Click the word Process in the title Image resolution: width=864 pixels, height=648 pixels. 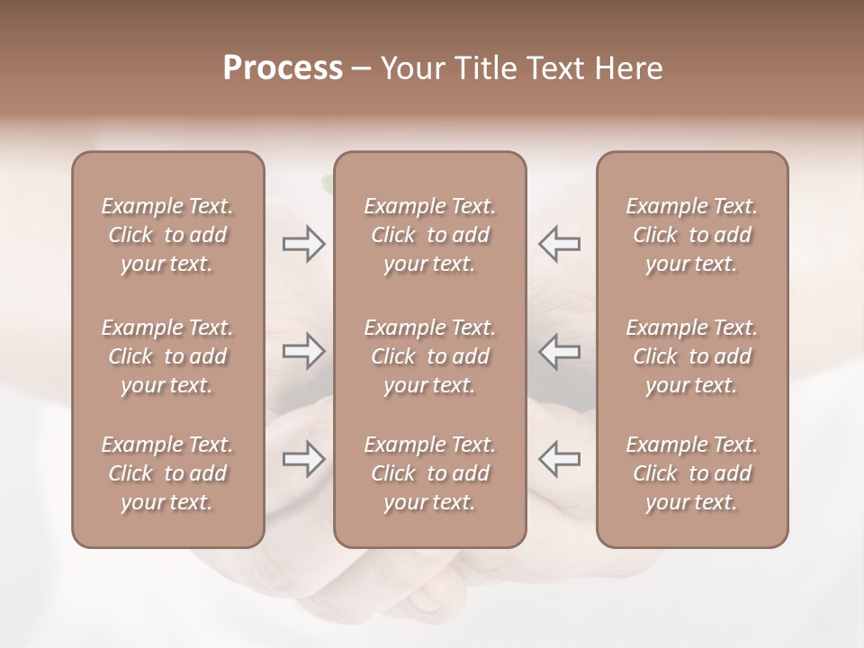pos(283,68)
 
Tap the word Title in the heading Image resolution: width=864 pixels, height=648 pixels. pos(481,68)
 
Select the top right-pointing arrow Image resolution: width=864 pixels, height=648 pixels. pos(303,244)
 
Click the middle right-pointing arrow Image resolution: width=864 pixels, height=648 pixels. pos(303,351)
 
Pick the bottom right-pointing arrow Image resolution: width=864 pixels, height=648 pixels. pos(303,459)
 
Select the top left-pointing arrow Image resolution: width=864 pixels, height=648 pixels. pos(560,244)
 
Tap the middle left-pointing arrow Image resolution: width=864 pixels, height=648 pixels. pos(560,351)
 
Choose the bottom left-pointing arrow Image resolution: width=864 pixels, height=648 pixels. pos(560,459)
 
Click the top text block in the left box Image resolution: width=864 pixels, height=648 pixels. pos(167,235)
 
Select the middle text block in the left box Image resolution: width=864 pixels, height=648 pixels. pos(167,356)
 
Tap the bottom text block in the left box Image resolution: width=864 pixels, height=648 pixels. pos(167,473)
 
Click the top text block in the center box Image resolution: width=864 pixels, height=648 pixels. pos(430,235)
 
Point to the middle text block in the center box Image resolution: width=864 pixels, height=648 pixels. pos(430,356)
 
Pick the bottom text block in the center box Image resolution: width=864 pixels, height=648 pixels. pos(430,473)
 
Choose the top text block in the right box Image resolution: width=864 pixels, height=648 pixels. pos(692,235)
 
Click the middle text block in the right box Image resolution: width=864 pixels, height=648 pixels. pos(692,356)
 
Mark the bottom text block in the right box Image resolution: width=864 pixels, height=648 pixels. pos(692,473)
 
